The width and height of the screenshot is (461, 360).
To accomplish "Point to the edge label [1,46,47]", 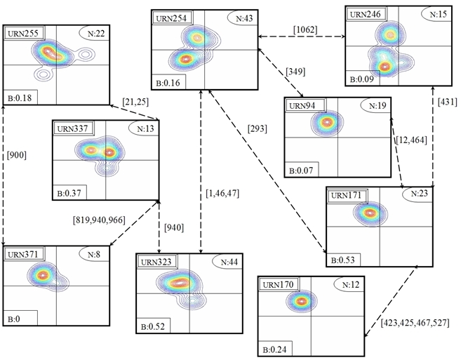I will [x=222, y=193].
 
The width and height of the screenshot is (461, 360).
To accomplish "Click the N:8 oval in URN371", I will [x=93, y=253].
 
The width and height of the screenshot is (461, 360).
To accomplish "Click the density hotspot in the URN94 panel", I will [x=325, y=122].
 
